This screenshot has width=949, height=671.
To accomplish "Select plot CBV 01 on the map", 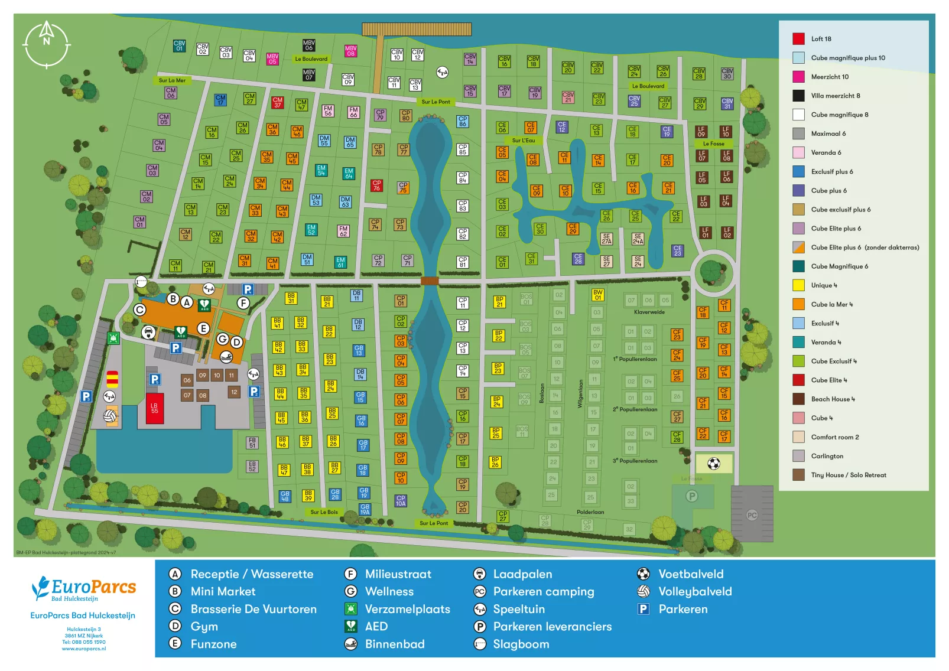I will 179,45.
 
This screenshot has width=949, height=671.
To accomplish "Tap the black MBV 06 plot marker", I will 308,45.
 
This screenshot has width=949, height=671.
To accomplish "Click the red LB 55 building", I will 154,408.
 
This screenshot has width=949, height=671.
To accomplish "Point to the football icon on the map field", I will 713,464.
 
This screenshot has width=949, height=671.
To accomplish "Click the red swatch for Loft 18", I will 798,39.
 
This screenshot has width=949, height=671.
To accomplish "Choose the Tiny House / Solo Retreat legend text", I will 848,475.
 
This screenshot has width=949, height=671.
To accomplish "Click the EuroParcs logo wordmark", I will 93,587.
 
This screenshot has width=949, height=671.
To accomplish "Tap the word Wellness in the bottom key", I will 389,591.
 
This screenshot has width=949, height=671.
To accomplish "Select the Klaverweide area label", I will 649,312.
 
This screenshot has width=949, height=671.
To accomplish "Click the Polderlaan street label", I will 590,512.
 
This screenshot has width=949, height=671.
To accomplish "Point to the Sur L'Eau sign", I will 524,141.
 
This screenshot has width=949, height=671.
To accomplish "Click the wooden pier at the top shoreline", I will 416,30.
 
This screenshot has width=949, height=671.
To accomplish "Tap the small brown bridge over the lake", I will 430,281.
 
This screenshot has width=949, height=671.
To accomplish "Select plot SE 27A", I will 606,239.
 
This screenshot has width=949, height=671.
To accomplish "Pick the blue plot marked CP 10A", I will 401,501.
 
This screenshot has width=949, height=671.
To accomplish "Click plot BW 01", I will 597,295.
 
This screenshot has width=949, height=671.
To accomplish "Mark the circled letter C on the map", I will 139,310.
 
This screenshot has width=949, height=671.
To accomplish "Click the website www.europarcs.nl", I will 83,649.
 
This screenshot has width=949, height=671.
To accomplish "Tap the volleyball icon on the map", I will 110,416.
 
